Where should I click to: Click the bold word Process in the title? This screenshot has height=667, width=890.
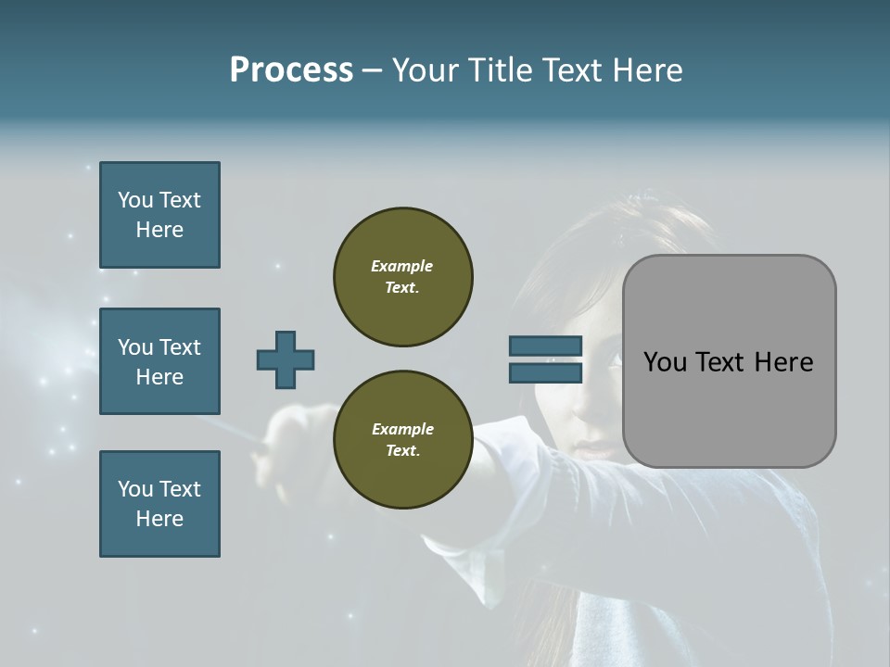[291, 70]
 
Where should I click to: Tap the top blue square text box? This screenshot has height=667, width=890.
[159, 215]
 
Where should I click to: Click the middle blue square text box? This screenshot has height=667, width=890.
[159, 361]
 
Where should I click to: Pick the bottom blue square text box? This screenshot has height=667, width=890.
[159, 503]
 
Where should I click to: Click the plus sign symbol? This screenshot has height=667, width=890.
[286, 359]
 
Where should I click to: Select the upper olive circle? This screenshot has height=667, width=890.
[403, 276]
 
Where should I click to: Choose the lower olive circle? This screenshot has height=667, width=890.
[403, 439]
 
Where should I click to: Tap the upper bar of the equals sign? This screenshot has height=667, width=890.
[545, 346]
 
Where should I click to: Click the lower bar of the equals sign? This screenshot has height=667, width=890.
[545, 372]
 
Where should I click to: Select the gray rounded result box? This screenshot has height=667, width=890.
[729, 361]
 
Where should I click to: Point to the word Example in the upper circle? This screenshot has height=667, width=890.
[401, 266]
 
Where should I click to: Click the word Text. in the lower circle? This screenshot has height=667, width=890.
[401, 451]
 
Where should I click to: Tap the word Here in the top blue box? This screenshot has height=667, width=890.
[159, 230]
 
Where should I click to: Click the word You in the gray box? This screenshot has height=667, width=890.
[665, 362]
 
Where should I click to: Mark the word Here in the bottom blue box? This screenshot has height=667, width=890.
[159, 519]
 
